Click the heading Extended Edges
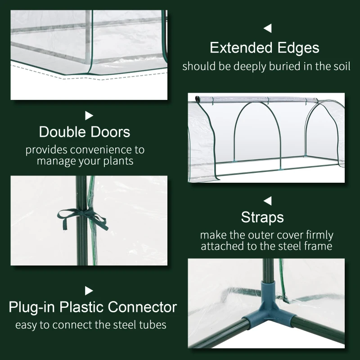point(265,48)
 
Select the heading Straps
point(262,217)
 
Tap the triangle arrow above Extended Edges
point(268,29)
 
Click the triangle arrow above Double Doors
point(89,116)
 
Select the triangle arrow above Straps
point(268,201)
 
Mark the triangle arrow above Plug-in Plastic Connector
point(89,291)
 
